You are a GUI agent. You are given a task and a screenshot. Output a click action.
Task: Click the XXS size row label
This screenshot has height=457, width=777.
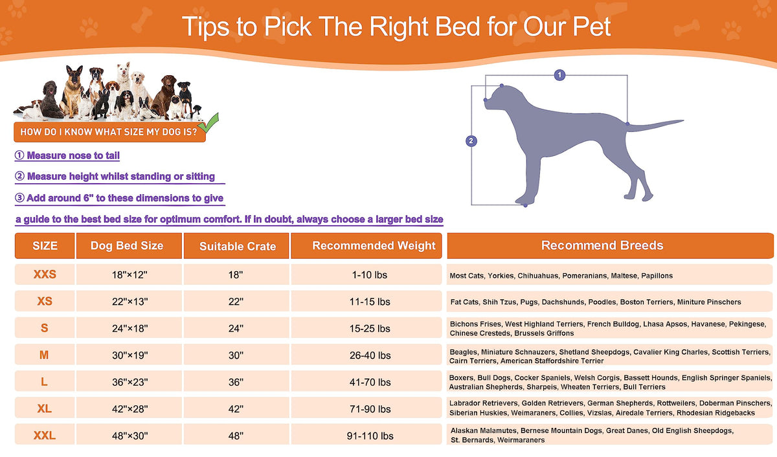[x=45, y=274]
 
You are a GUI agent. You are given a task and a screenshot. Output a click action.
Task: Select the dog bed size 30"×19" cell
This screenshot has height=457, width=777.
[x=129, y=355]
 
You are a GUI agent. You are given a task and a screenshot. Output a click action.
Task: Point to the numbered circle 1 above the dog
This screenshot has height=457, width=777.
[x=559, y=75]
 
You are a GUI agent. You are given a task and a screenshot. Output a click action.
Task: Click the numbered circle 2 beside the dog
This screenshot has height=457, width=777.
[x=471, y=140]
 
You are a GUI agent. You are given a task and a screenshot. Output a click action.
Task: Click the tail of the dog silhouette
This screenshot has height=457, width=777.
[x=655, y=126]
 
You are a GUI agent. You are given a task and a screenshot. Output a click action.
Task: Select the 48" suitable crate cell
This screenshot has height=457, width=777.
[x=236, y=436]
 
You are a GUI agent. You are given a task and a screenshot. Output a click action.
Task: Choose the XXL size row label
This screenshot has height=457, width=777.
[x=45, y=435]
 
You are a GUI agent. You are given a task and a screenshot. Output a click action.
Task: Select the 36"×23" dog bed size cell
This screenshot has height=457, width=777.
[x=129, y=382]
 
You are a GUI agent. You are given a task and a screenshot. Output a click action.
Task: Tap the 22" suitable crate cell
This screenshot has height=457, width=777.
[x=236, y=301]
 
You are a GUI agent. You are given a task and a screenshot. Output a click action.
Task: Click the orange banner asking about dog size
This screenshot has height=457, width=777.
[x=109, y=132]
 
